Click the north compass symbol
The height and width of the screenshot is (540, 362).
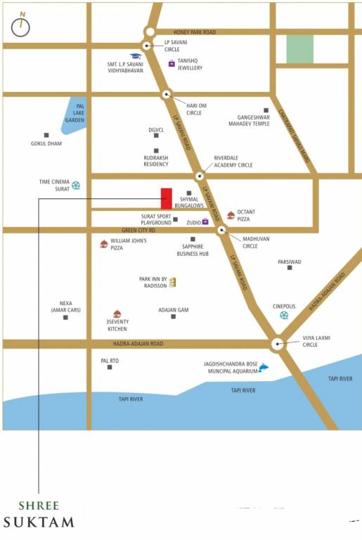[20, 25]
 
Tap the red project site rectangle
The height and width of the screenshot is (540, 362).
[167, 198]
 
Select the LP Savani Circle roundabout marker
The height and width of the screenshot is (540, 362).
[146, 46]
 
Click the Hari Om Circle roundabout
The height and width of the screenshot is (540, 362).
[167, 94]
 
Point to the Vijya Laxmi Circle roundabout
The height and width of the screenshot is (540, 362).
[278, 344]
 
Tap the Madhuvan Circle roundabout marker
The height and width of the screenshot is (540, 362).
[221, 229]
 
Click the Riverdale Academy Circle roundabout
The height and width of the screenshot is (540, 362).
[200, 176]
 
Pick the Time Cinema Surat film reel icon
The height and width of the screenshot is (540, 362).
[76, 186]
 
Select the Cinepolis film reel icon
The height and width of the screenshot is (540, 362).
[284, 315]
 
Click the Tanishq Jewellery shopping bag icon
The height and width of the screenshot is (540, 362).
[172, 63]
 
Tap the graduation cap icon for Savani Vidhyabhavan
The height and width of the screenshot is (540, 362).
[135, 56]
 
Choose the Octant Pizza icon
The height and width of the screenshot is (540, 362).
[231, 215]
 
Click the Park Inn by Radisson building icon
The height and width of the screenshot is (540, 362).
[172, 282]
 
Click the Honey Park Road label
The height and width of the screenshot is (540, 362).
[195, 32]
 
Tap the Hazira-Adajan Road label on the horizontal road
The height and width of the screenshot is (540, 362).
[138, 344]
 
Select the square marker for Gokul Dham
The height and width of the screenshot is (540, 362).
[46, 135]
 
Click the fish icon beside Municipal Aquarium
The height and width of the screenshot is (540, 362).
[264, 367]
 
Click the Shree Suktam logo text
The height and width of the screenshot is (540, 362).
[39, 514]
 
